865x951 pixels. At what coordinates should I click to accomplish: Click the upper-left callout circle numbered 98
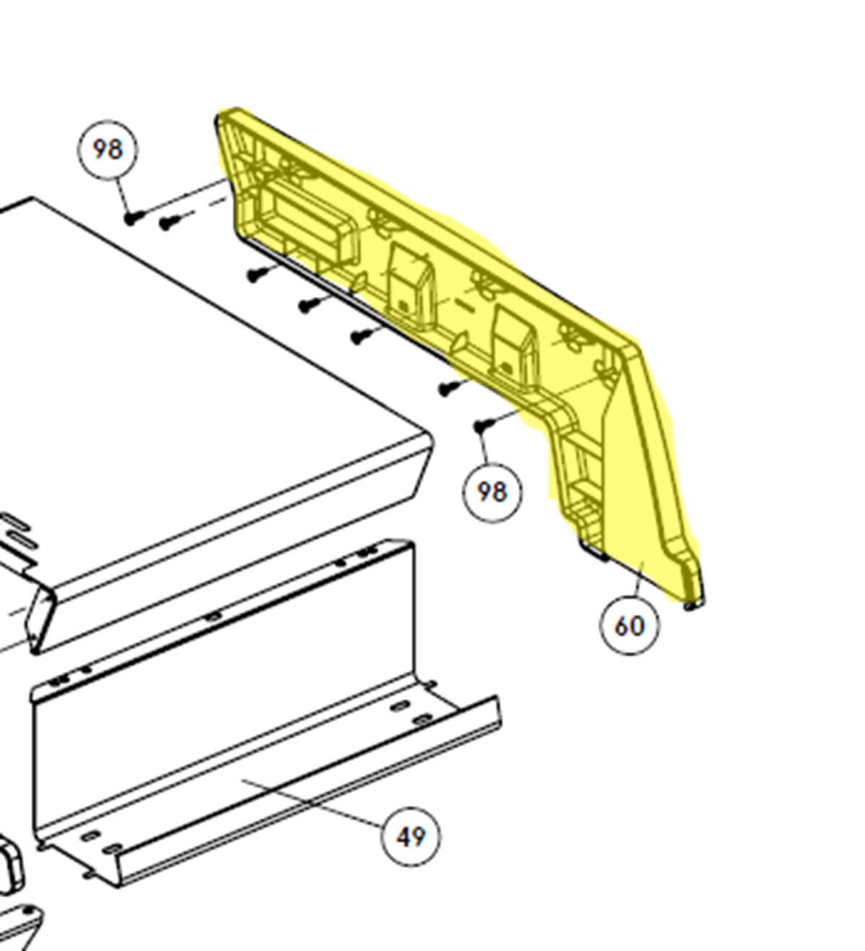(x=108, y=150)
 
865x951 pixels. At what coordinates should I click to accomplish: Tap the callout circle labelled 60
(x=630, y=627)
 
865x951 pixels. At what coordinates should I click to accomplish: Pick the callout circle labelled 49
(x=410, y=837)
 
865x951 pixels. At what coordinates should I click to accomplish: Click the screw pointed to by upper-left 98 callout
(x=133, y=218)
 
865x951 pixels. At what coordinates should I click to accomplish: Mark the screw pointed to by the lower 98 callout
(x=482, y=425)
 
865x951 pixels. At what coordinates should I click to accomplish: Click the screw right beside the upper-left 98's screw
(x=169, y=222)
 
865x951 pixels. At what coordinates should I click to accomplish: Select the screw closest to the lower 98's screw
(x=448, y=388)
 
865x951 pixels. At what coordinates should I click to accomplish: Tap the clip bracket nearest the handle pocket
(x=410, y=285)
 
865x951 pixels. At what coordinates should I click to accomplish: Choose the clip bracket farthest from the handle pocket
(x=514, y=346)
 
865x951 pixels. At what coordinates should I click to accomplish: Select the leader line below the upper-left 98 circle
(x=120, y=197)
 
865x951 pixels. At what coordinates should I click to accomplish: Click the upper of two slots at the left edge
(x=14, y=522)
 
